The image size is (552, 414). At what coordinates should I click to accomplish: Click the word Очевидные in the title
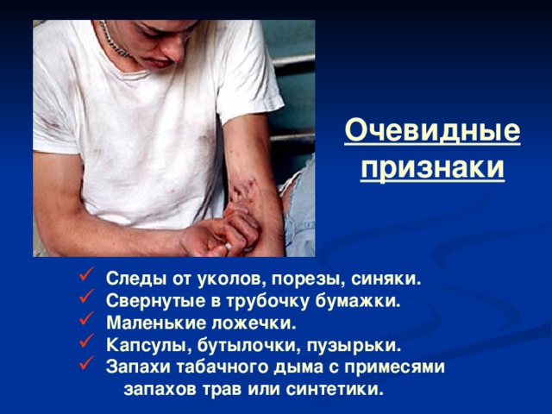pyautogui.click(x=432, y=132)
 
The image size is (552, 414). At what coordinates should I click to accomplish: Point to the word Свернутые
pyautogui.click(x=147, y=302)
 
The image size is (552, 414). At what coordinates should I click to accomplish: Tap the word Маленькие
pyautogui.click(x=149, y=324)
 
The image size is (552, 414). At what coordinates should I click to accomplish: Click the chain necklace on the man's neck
pyautogui.click(x=115, y=40)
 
